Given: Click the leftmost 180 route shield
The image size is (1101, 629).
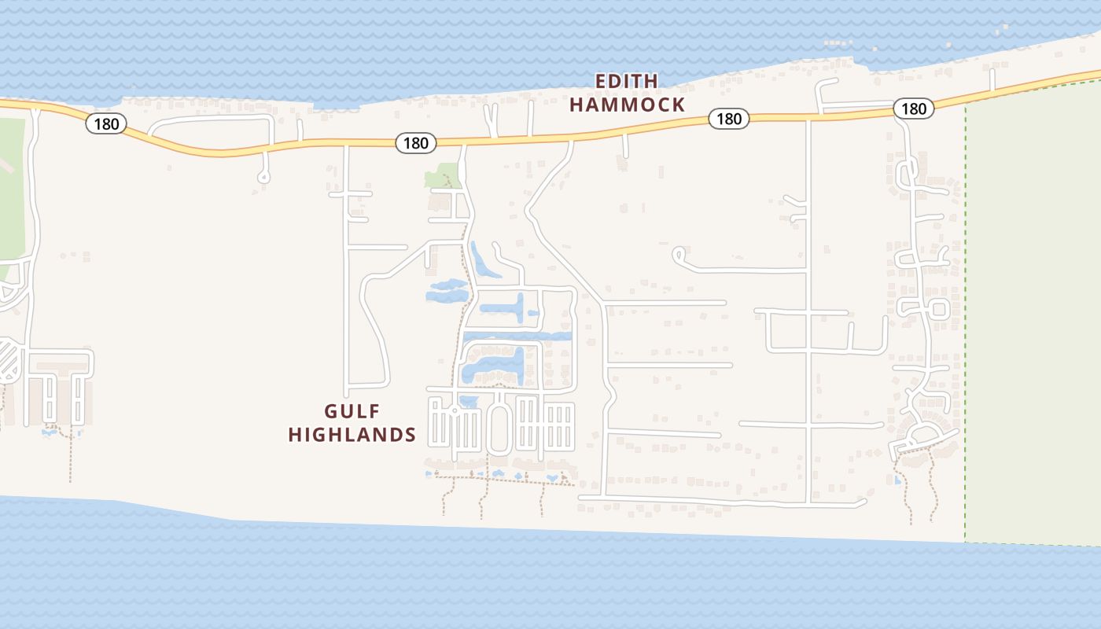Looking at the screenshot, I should (106, 123).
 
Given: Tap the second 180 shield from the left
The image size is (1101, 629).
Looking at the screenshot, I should (415, 142).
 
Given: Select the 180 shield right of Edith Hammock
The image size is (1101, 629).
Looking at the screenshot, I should (729, 119).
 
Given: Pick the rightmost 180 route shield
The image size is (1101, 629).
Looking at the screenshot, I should (913, 109).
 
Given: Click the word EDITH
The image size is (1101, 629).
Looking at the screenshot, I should (626, 81).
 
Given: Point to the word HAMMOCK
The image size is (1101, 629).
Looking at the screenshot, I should (627, 105).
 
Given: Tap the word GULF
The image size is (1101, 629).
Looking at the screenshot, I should (352, 411).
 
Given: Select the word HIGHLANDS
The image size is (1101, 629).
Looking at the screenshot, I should (352, 434).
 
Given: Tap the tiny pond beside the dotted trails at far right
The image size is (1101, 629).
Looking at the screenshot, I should (898, 480).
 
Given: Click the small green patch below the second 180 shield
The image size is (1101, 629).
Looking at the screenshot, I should (442, 175).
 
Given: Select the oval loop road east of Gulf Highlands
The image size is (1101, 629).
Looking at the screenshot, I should (499, 425).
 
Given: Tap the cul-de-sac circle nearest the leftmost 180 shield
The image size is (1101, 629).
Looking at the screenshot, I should (263, 178).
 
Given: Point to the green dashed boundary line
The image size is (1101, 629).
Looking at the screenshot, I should (965, 314).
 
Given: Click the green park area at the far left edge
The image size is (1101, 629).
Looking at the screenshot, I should (11, 197).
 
